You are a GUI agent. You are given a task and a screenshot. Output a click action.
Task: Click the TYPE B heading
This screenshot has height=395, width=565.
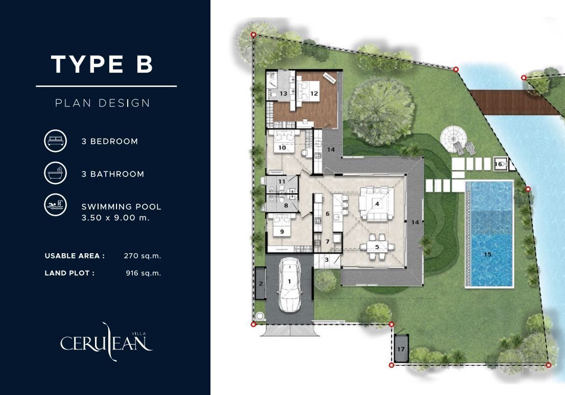[102, 64]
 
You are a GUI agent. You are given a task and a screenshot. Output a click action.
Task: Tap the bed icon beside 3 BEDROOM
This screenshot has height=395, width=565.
[56, 141]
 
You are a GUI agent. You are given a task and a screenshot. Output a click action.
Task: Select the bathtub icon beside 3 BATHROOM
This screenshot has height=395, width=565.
[56, 173]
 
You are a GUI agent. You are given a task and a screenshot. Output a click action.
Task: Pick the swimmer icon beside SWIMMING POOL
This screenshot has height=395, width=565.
[56, 205]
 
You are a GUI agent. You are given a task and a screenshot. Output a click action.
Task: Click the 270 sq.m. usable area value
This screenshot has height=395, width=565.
[143, 256]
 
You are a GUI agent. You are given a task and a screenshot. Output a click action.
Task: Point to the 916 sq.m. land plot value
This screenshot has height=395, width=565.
[144, 273]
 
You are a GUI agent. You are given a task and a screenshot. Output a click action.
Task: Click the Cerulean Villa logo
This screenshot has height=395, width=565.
[106, 342]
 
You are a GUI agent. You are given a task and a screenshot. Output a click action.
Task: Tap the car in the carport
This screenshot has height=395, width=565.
[289, 285]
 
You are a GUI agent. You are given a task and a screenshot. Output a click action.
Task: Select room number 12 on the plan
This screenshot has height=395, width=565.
[314, 94]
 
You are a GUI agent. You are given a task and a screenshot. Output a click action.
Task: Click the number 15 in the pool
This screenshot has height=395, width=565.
[487, 254]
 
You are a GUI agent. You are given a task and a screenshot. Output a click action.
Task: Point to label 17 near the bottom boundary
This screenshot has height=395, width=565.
[401, 349]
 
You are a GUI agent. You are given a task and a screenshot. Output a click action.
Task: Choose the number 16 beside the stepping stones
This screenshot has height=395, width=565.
[499, 164]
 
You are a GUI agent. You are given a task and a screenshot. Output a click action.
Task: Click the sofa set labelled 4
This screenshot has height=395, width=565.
[376, 204]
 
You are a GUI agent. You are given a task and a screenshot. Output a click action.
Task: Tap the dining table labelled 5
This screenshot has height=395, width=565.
[378, 247]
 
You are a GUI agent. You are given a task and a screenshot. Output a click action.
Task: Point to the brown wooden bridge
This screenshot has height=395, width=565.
[515, 102]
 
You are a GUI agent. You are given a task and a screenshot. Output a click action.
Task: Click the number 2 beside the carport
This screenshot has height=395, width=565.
[261, 283]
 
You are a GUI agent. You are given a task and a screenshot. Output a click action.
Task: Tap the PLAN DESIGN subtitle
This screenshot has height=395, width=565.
[102, 103]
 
